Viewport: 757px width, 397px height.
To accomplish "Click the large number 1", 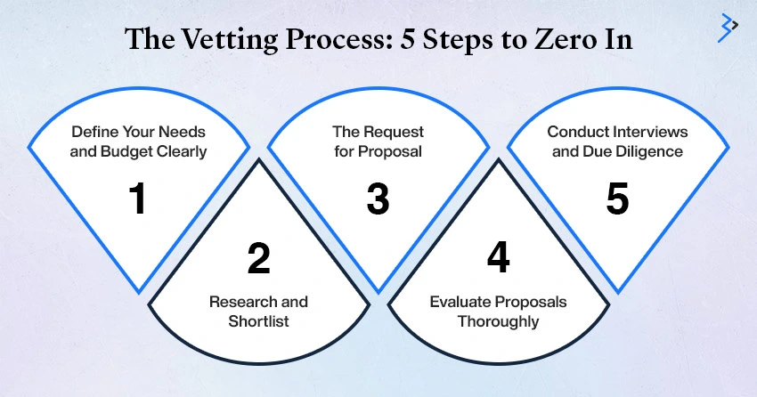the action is [138, 198].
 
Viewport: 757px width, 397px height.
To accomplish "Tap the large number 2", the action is [259, 258].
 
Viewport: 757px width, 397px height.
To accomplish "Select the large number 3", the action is [378, 198].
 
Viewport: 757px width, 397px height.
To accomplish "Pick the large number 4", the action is [498, 257].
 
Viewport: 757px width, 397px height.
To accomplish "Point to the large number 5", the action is [617, 198].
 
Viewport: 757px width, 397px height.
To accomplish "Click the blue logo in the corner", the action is [728, 28].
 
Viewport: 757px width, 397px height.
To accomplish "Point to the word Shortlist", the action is [259, 320].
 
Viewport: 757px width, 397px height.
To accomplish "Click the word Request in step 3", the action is [394, 132].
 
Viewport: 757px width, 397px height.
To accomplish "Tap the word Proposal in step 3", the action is [389, 151].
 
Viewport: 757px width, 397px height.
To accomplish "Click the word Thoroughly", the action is [498, 321].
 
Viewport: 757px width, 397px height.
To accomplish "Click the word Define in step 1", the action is [94, 132].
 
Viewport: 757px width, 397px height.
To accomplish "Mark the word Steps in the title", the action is [460, 39].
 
